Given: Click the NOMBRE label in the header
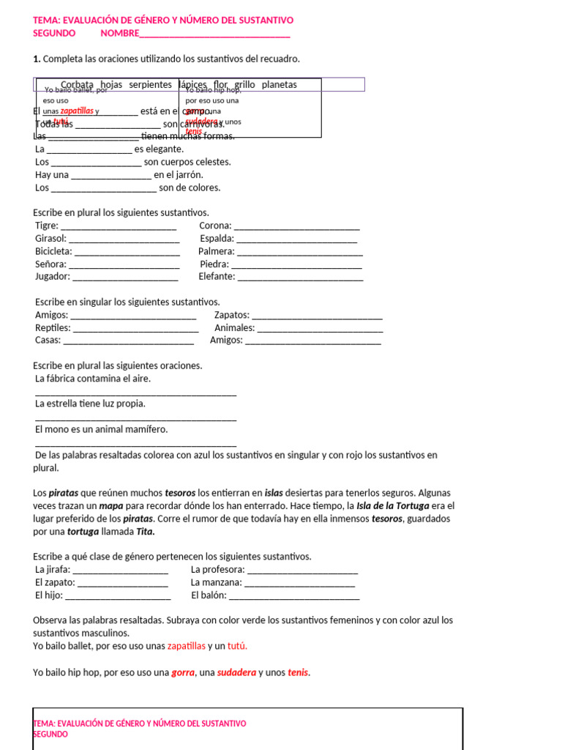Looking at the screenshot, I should pos(119,33).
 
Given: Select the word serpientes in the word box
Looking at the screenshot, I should pos(150,85).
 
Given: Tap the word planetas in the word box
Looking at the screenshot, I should pos(279,85).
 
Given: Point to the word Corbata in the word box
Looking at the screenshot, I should pos(77,85).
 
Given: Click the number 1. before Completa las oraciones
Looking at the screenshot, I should pos(37,59).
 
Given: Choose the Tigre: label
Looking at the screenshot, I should pos(47,226).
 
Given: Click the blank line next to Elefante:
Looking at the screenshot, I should pos(300,277).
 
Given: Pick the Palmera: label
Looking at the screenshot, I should pos(216,251).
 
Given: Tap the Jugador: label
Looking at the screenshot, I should pos(53,277).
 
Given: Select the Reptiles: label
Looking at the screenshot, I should pos(53,328).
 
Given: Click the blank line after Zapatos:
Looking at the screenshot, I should pos(316,316).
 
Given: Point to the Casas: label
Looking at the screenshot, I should pos(48,341).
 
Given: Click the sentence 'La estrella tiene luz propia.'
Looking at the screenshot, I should pos(90,404).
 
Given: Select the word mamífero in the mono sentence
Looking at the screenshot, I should pos(146,429).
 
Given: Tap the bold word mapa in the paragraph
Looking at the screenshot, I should pos(111,506).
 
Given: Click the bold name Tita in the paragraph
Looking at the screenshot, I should pos(146,532).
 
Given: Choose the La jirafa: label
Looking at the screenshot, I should pos(53,570).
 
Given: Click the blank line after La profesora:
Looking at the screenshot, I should pos(302,570).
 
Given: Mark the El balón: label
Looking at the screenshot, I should pos(209,595).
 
